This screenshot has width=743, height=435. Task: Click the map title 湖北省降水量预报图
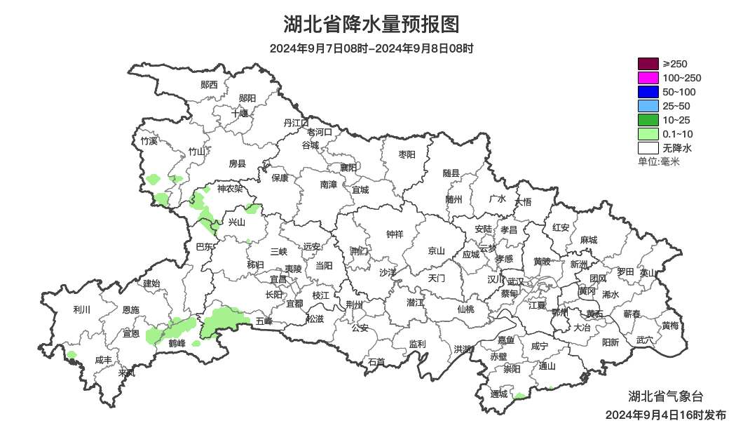point(371,25)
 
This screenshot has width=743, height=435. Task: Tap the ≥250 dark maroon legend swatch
point(648,64)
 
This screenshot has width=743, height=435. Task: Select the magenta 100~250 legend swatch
point(648,78)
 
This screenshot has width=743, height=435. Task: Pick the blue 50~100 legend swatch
point(648,92)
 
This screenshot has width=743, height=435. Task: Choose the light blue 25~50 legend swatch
point(648,106)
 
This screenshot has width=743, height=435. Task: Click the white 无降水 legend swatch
point(648,148)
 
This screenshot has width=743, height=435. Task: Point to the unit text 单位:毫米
point(658,162)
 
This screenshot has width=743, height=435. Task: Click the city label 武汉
point(515,281)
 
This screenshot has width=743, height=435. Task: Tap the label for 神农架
point(229,189)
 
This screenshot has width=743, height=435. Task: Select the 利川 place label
point(81,309)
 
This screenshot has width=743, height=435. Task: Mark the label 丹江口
point(296,123)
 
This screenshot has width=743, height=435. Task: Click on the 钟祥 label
point(395,234)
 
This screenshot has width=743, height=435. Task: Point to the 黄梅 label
point(670,326)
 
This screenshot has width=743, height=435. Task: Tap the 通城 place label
point(499,394)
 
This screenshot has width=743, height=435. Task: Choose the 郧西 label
point(209,85)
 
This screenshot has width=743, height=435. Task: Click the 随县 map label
point(451,173)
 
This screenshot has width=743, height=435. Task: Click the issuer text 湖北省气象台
point(661,395)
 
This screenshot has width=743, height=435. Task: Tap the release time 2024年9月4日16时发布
point(665,415)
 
